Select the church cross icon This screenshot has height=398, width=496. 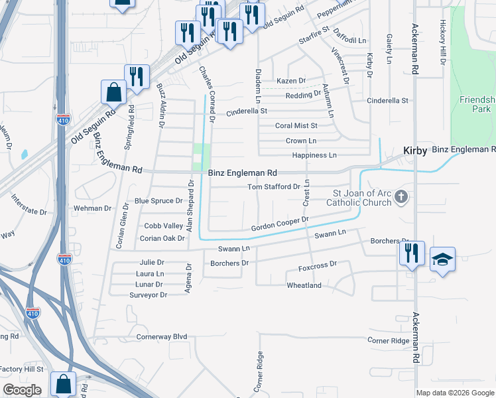[401, 196]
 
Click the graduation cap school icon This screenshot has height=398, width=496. [443, 259]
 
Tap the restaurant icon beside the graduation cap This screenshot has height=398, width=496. [412, 253]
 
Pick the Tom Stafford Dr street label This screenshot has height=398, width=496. [274, 187]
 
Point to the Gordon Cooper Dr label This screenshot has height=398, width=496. [280, 224]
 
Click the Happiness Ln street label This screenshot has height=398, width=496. [314, 155]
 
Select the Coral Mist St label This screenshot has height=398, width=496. [296, 125]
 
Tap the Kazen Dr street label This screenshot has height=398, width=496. [291, 81]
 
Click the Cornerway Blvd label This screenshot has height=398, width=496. [162, 336]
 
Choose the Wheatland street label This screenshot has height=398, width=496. [304, 285]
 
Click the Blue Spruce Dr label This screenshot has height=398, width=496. [158, 201]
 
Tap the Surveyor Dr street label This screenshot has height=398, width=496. [148, 295]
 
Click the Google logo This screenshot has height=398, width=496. [22, 389]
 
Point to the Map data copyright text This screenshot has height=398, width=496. [455, 393]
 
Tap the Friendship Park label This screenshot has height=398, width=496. [477, 104]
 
